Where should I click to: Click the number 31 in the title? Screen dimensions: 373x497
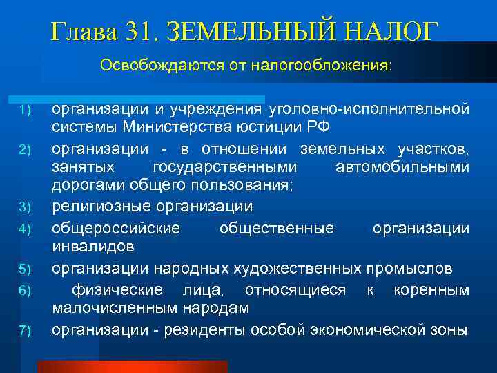point(142,31)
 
